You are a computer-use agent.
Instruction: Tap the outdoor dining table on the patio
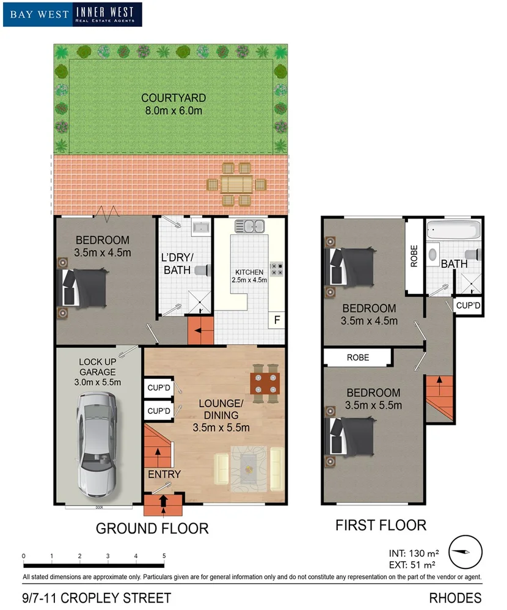(236, 184)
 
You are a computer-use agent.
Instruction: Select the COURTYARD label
(173, 98)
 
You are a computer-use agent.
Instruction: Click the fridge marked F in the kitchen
(277, 320)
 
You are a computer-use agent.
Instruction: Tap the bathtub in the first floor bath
(454, 230)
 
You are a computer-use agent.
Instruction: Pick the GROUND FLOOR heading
(152, 528)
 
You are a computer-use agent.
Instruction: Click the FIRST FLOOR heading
(381, 524)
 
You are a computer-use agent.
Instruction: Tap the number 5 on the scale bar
(164, 556)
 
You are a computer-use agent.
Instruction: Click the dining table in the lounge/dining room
(265, 384)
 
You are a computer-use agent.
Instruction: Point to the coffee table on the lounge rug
(248, 468)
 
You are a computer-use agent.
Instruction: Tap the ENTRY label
(164, 474)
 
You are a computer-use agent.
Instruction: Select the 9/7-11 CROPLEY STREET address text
(97, 598)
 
